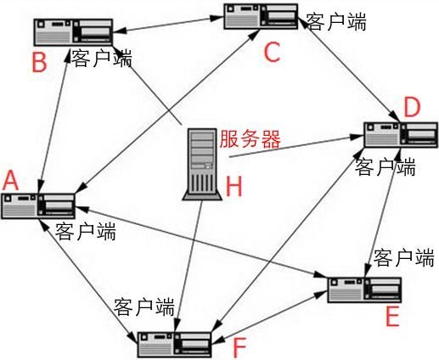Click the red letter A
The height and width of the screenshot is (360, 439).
(x=11, y=180)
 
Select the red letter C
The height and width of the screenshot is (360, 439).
(x=270, y=53)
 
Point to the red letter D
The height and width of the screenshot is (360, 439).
(x=412, y=108)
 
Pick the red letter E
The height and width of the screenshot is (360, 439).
(x=391, y=317)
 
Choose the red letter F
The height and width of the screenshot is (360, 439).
(x=239, y=346)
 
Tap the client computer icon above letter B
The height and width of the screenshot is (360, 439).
(x=71, y=31)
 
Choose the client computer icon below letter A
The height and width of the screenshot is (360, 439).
(x=38, y=206)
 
